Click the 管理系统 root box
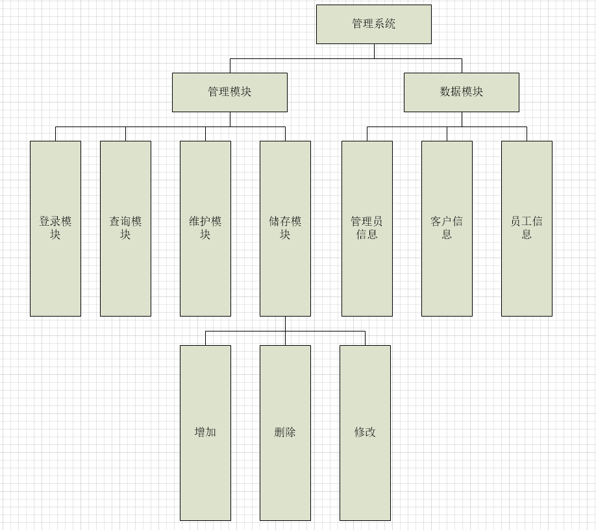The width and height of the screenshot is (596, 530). coord(373,24)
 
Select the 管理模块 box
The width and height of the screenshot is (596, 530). coord(229,92)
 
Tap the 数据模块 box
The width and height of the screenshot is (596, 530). coord(461,92)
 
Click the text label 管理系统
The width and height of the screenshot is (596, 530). coord(373,24)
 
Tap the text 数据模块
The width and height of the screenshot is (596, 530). coord(461,92)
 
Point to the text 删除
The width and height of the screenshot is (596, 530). coord(285,432)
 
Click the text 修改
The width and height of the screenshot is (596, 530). coord(365,432)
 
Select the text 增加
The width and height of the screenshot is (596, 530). coord(205,432)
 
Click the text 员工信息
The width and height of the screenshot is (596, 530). coord(527,228)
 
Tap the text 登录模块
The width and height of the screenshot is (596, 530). coord(55,228)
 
